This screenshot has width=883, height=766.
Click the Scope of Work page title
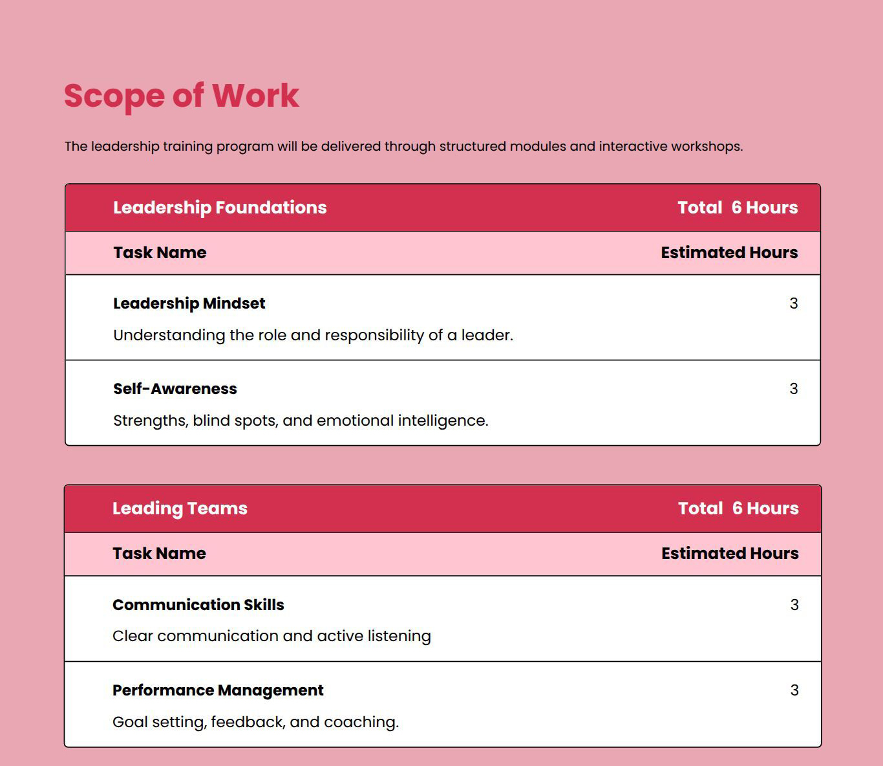coord(181,96)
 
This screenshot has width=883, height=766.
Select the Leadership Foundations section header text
coord(220,208)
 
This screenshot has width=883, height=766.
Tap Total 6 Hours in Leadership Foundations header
coord(738,208)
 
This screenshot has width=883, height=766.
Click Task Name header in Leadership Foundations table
coord(160,253)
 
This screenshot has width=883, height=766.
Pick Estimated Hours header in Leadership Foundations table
coord(729,253)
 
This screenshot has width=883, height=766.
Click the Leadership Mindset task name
coord(189,303)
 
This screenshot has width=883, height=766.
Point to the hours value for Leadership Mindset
coord(793,303)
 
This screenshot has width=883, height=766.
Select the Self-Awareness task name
coord(175,389)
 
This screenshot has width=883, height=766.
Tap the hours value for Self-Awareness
coord(793,389)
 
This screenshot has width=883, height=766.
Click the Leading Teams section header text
coord(180,509)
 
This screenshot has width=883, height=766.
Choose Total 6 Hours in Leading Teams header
coord(738,509)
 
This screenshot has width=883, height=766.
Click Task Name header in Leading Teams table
coord(159,554)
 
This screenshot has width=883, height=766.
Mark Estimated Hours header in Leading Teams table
coord(730,554)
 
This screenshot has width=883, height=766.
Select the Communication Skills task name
coord(198,605)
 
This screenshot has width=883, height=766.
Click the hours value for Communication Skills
coord(794,605)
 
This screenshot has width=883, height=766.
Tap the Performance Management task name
coord(218,690)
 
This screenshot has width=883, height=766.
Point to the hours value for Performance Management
coord(794,690)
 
